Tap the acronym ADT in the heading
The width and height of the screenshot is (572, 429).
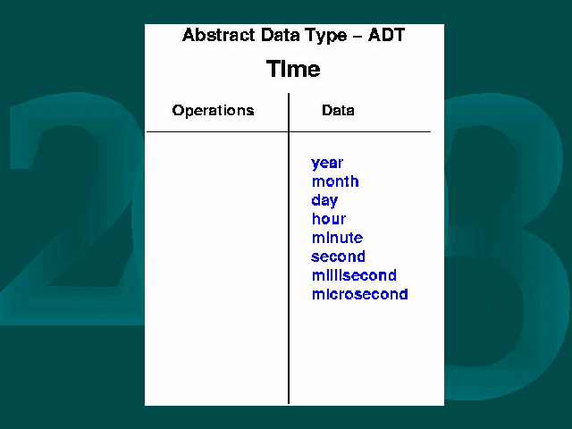coord(386,35)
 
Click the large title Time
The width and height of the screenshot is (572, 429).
coord(293,69)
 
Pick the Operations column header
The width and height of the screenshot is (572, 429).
coord(213,110)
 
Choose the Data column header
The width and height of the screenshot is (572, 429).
coord(338,110)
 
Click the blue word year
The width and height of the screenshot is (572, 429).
coord(327,164)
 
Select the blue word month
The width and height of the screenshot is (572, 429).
coord(335,181)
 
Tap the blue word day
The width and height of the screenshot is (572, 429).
coord(324,200)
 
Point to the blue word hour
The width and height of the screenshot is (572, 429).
coord(329,219)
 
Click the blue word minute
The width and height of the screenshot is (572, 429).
coord(338,238)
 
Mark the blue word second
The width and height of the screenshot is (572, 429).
coord(338,257)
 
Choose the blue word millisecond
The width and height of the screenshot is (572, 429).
coord(354,275)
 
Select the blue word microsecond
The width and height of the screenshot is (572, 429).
coord(359,294)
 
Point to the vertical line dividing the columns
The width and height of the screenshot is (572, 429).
coord(289,248)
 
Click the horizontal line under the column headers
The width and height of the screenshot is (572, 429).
coord(289,131)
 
